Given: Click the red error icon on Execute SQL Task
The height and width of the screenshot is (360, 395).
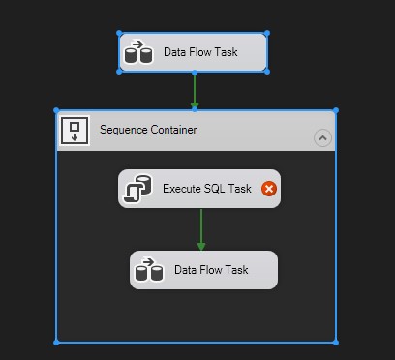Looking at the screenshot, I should (x=269, y=189).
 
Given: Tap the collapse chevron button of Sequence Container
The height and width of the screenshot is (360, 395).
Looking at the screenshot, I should (x=322, y=138).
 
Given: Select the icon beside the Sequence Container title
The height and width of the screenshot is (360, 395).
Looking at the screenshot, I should (x=75, y=131).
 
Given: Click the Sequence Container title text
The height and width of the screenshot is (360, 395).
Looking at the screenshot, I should (x=148, y=130).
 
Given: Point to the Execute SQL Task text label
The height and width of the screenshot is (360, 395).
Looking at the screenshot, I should (x=207, y=189).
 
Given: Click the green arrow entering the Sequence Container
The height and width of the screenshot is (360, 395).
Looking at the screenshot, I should (x=194, y=91).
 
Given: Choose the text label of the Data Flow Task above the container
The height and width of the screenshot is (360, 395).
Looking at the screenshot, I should (x=200, y=52).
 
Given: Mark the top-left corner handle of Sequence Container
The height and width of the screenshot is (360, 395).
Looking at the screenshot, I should (x=56, y=110).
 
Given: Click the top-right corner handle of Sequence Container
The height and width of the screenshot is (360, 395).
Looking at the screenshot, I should (x=336, y=110).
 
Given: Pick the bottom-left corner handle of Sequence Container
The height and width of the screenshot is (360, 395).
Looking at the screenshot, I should (x=56, y=342).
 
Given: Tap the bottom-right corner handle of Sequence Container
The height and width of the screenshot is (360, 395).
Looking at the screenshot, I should (x=336, y=342).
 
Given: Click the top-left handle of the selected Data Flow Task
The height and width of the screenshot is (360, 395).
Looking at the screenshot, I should (x=120, y=33).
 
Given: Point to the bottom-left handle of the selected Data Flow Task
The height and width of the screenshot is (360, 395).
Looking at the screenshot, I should (x=120, y=71).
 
